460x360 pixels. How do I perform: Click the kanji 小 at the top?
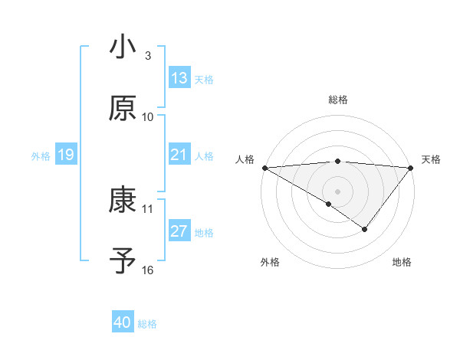[123, 48]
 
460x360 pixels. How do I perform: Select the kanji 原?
[123, 108]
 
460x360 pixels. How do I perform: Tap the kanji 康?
[123, 200]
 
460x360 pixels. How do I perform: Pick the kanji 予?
[123, 261]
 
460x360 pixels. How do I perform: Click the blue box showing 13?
[179, 78]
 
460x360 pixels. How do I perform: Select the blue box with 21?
[179, 155]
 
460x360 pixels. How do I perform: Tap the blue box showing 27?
[179, 232]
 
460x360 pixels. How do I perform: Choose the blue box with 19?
[66, 155]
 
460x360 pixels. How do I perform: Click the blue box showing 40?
[123, 322]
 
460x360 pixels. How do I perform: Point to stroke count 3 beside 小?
[148, 56]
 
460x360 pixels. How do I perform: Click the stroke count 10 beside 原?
[148, 116]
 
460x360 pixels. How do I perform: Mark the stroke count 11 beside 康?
[148, 208]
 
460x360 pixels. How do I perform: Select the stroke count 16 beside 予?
[148, 270]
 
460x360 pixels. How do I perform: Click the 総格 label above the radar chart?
[338, 100]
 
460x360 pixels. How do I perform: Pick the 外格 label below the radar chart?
[270, 262]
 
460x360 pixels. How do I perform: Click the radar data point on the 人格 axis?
[264, 167]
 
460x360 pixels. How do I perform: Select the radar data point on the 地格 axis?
[365, 229]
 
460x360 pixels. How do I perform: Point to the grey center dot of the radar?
[338, 191]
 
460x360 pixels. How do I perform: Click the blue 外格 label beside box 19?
[41, 156]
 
